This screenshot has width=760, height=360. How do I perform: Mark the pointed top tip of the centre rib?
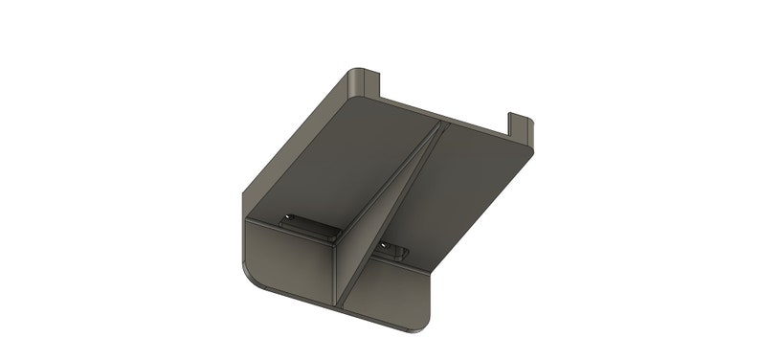pyautogui.click(x=442, y=124)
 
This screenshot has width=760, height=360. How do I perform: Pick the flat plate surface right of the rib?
pyautogui.click(x=459, y=191)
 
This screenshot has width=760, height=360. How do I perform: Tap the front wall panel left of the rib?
pyautogui.click(x=287, y=259)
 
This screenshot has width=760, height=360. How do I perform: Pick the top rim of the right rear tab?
pyautogui.click(x=520, y=116)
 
